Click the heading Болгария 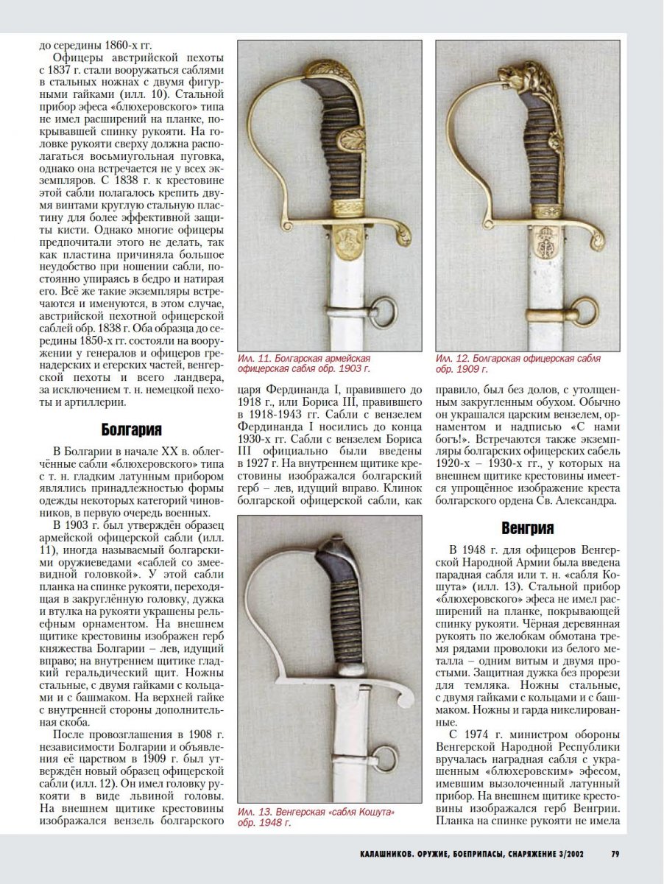pyautogui.click(x=131, y=430)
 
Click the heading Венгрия pyautogui.click(x=527, y=528)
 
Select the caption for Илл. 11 pyautogui.click(x=303, y=363)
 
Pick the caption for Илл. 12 pyautogui.click(x=518, y=363)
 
